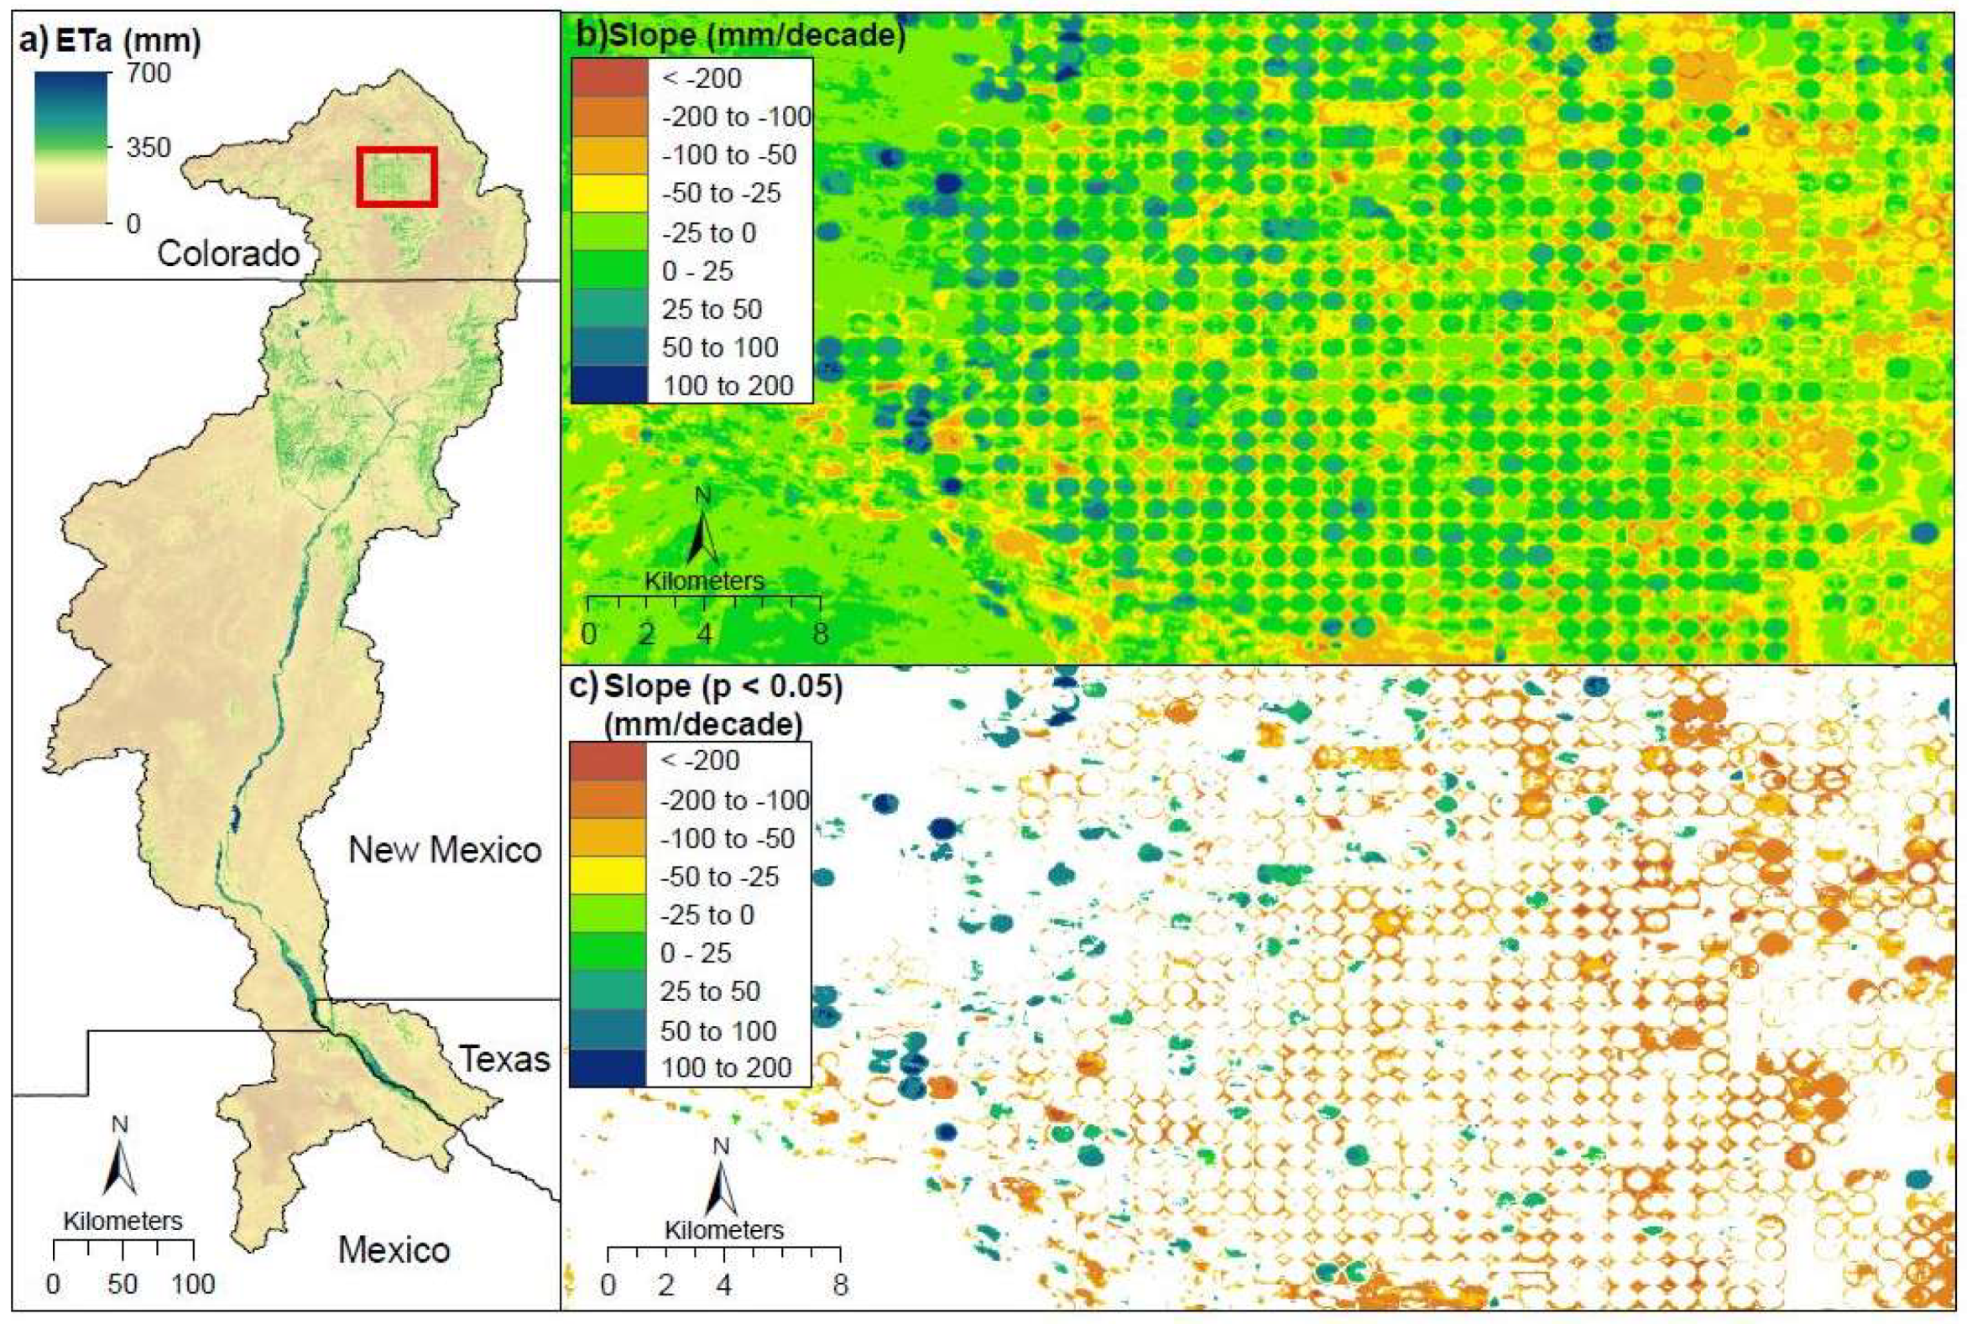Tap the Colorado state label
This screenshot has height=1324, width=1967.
pyautogui.click(x=228, y=253)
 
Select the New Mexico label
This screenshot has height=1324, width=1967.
pyautogui.click(x=444, y=849)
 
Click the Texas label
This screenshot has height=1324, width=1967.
pyautogui.click(x=504, y=1058)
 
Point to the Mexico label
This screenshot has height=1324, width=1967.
pyautogui.click(x=394, y=1249)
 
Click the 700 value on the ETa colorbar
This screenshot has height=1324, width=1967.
pyautogui.click(x=148, y=74)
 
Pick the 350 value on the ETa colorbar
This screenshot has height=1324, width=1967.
pyautogui.click(x=148, y=148)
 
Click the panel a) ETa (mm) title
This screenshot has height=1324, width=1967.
pyautogui.click(x=110, y=40)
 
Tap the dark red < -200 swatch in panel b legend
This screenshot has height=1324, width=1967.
pyautogui.click(x=610, y=78)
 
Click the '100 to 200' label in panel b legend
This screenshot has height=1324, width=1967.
pyautogui.click(x=728, y=386)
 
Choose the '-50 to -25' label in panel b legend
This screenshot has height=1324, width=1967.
pyautogui.click(x=722, y=193)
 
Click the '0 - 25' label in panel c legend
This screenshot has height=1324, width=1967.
pyautogui.click(x=696, y=953)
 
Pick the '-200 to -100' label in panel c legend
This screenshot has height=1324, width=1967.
pyautogui.click(x=735, y=800)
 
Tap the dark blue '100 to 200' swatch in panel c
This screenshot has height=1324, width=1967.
pyautogui.click(x=608, y=1067)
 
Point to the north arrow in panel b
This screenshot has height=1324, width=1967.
pyautogui.click(x=702, y=532)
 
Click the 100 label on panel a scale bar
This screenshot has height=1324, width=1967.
pyautogui.click(x=193, y=1285)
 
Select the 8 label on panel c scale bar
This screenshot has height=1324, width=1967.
pyautogui.click(x=838, y=1285)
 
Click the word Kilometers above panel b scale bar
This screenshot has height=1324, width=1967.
pyautogui.click(x=704, y=581)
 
